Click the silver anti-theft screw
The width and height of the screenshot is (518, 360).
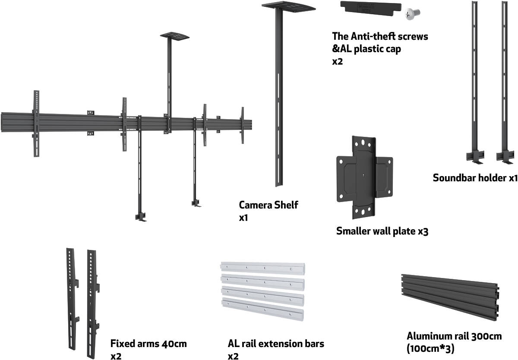[x=410, y=14]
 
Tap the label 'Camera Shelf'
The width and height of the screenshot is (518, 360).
[x=268, y=205]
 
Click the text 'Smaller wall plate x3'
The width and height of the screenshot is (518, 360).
[x=382, y=231]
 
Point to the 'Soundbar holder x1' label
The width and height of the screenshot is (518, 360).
[x=475, y=178]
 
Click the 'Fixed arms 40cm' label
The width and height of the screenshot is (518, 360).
[x=148, y=344]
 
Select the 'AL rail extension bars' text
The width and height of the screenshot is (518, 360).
[x=276, y=344]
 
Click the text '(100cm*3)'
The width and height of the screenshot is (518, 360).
[x=430, y=348]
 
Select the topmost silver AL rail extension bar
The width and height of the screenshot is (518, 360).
[x=263, y=268]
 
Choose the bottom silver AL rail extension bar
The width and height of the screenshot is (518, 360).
[x=262, y=308]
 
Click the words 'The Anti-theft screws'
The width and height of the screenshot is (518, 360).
[x=380, y=36]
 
